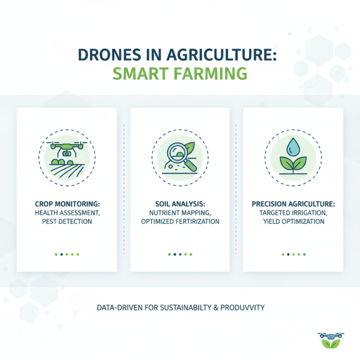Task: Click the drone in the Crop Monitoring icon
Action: click(x=67, y=149)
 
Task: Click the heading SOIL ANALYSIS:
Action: click(x=179, y=204)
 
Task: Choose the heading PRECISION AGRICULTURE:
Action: click(x=292, y=204)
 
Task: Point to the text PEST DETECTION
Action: click(x=66, y=221)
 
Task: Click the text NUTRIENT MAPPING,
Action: click(x=179, y=213)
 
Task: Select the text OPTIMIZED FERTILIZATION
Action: click(x=179, y=221)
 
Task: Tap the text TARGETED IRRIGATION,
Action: click(x=292, y=213)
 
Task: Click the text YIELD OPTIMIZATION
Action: click(x=292, y=221)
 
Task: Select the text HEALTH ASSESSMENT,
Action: click(x=66, y=213)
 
